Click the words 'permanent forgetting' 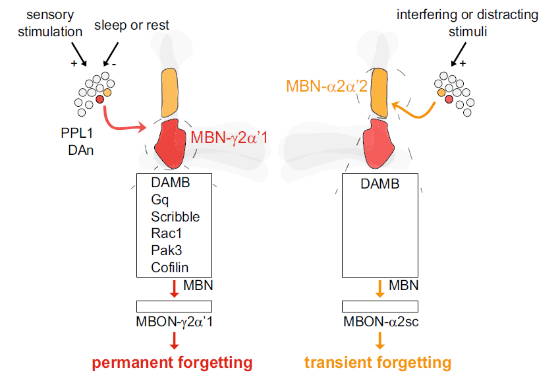pos(172,363)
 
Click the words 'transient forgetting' pos(378,363)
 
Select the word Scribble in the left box pos(174,216)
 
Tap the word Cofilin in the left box pos(170,268)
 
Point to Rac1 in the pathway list pos(165,233)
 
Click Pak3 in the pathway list pos(165,250)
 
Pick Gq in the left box pos(160,200)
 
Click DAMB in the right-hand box pos(379,184)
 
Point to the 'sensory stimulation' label pos(50,22)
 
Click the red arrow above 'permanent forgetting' pos(174,339)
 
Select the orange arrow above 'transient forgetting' pos(380,339)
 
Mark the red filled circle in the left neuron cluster pos(99,99)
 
